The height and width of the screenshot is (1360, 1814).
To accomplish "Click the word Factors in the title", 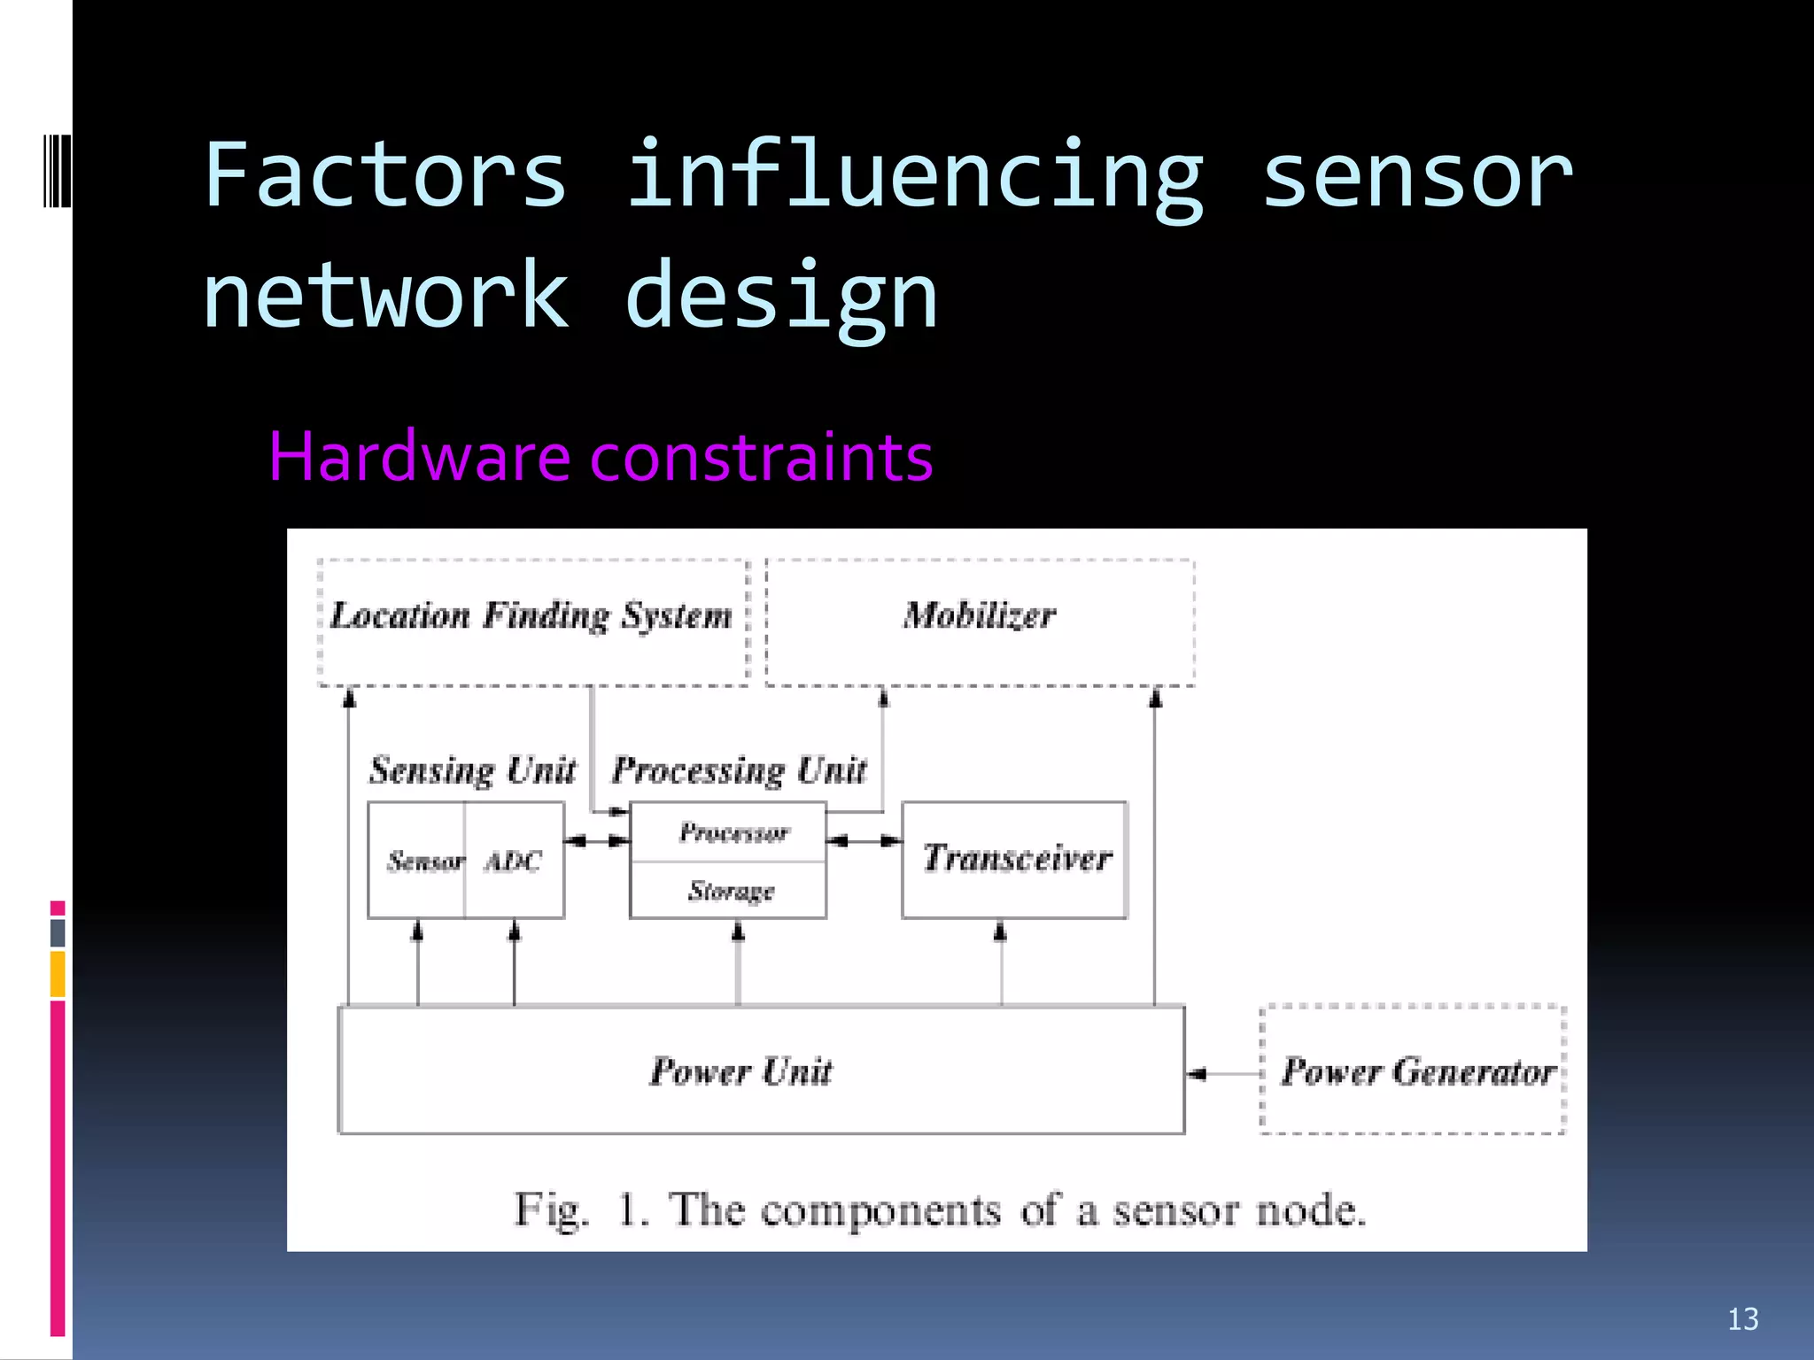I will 384,175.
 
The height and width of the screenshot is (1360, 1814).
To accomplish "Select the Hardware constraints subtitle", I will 601,457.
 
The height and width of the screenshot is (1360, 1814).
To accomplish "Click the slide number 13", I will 1742,1319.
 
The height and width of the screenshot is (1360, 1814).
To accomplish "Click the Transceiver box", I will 1015,859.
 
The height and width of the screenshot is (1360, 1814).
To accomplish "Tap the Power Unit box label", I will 741,1071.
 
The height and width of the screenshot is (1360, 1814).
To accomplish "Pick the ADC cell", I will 514,861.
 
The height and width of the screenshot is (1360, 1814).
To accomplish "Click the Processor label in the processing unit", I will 733,832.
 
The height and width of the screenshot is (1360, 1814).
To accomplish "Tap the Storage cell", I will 732,891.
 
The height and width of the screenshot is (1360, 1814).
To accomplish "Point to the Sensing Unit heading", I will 472,770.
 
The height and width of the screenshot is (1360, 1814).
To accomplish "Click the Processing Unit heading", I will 740,770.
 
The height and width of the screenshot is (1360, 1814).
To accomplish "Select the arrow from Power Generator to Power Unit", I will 1222,1074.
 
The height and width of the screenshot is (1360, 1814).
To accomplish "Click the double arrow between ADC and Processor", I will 597,840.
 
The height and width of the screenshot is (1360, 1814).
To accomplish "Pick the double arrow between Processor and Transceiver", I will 864,840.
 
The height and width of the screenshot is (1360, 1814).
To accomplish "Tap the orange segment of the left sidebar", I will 58,973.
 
